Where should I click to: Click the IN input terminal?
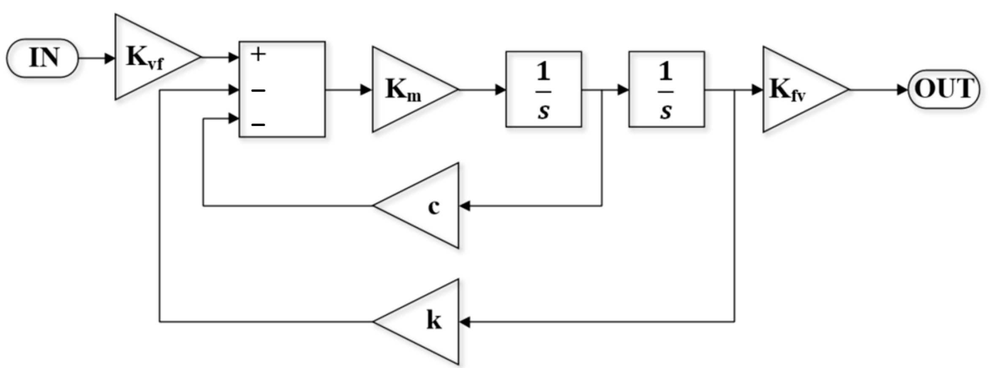pyautogui.click(x=43, y=58)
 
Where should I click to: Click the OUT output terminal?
pyautogui.click(x=944, y=90)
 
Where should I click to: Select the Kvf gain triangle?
pyautogui.click(x=148, y=57)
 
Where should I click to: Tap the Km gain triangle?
pyautogui.click(x=406, y=90)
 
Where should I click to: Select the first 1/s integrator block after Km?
pyautogui.click(x=544, y=90)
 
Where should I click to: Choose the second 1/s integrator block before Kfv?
pyautogui.click(x=666, y=90)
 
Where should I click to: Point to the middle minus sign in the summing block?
pyautogui.click(x=258, y=90)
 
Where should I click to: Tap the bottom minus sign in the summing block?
pyautogui.click(x=258, y=125)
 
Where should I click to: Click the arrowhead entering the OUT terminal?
pyautogui.click(x=902, y=90)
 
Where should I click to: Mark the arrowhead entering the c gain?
pyautogui.click(x=465, y=206)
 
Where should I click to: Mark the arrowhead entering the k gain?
pyautogui.click(x=465, y=322)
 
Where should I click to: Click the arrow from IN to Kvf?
pyautogui.click(x=96, y=58)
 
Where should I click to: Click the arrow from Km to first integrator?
pyautogui.click(x=482, y=90)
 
